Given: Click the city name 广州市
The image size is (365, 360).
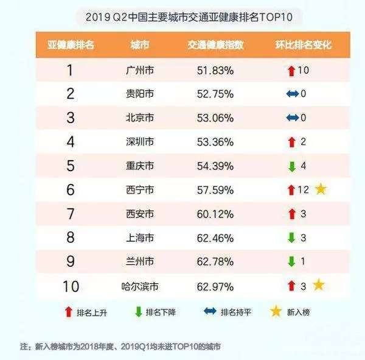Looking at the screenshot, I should click(x=141, y=71).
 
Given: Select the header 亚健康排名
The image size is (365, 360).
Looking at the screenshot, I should click(x=71, y=46).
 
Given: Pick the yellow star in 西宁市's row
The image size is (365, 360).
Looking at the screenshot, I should click(x=321, y=189).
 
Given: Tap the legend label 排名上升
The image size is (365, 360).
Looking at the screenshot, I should click(x=91, y=312).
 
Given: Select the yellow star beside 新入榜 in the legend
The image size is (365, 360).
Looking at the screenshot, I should click(x=277, y=312).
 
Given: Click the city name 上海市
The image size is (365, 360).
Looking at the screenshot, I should click(x=141, y=238).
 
